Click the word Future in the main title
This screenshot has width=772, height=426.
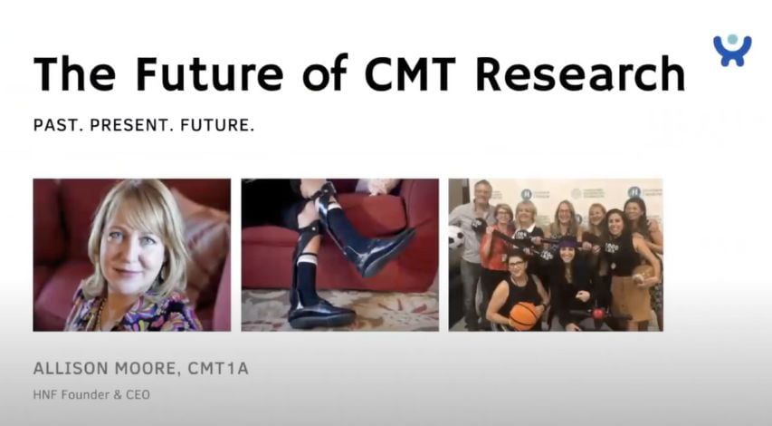coord(210,73)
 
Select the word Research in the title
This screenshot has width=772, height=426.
coord(580,73)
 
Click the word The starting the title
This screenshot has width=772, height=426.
coord(74,73)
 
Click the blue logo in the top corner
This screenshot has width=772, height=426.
coord(732,50)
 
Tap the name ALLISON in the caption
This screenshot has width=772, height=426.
coord(71,368)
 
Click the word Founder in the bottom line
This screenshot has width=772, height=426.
coord(85,395)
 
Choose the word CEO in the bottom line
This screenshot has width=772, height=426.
coord(138,395)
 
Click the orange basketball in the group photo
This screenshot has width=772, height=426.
coord(523,316)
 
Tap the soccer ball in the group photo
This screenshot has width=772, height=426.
coord(456,237)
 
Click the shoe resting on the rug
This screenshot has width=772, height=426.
coord(321,314)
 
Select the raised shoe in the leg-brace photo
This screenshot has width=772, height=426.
coord(381,251)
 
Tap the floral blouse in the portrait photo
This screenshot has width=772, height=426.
coord(133,312)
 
